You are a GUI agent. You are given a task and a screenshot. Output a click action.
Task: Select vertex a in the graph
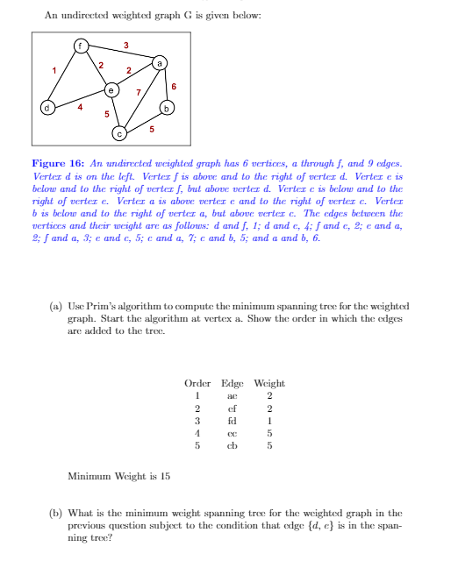159,63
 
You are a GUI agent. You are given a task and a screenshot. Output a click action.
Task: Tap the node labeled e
111,89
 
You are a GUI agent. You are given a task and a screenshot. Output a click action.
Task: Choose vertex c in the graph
118,134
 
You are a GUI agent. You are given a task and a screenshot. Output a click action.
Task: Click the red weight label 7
137,91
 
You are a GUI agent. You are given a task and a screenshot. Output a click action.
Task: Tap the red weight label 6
175,86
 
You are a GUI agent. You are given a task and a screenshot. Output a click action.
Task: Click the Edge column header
232,384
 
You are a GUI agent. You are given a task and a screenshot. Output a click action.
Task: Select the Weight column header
268,384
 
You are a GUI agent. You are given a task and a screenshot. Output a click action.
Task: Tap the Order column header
198,384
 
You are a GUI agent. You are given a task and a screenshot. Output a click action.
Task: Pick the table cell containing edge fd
232,420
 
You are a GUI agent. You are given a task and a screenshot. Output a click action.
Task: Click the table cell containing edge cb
232,444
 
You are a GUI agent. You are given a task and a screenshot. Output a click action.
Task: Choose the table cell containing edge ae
232,395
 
